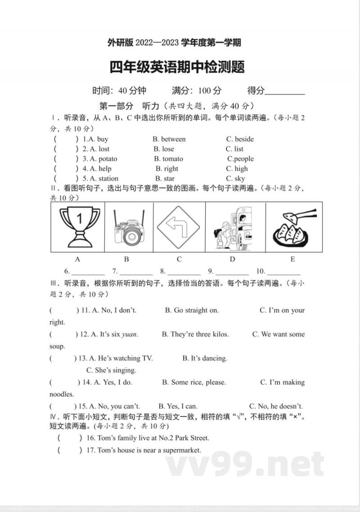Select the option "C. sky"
pos(235,179)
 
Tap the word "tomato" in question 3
pos(173,159)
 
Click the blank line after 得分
pos(285,91)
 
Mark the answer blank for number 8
pos(184,271)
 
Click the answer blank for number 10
pos(283,271)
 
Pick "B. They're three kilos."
pos(195,334)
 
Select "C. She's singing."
pos(111,370)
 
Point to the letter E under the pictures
pos(292,259)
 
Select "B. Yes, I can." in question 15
pos(178,406)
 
